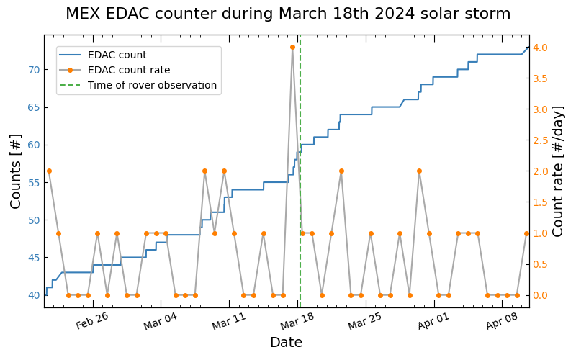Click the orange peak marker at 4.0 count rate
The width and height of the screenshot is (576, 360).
[292, 48]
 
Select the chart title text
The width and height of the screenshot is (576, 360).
[288, 14]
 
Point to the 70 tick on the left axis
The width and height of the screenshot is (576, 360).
[34, 70]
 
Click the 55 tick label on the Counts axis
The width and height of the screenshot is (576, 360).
[34, 183]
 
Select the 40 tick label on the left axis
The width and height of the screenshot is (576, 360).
[34, 295]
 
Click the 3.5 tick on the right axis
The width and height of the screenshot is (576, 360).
[540, 78]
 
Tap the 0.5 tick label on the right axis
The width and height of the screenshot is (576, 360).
[540, 264]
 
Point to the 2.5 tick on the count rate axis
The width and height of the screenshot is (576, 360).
[540, 140]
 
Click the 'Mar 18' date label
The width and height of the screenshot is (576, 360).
[297, 320]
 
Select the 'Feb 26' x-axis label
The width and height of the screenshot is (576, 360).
[92, 320]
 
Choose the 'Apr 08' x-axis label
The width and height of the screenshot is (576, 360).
[502, 320]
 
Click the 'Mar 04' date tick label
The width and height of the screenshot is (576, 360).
[160, 320]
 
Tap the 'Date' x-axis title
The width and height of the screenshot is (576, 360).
[286, 343]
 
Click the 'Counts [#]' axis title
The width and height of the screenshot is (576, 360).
[15, 171]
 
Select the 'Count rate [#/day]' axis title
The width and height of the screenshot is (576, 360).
[557, 171]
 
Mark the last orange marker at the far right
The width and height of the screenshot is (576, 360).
[526, 233]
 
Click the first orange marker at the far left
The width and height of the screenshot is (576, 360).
[49, 171]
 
